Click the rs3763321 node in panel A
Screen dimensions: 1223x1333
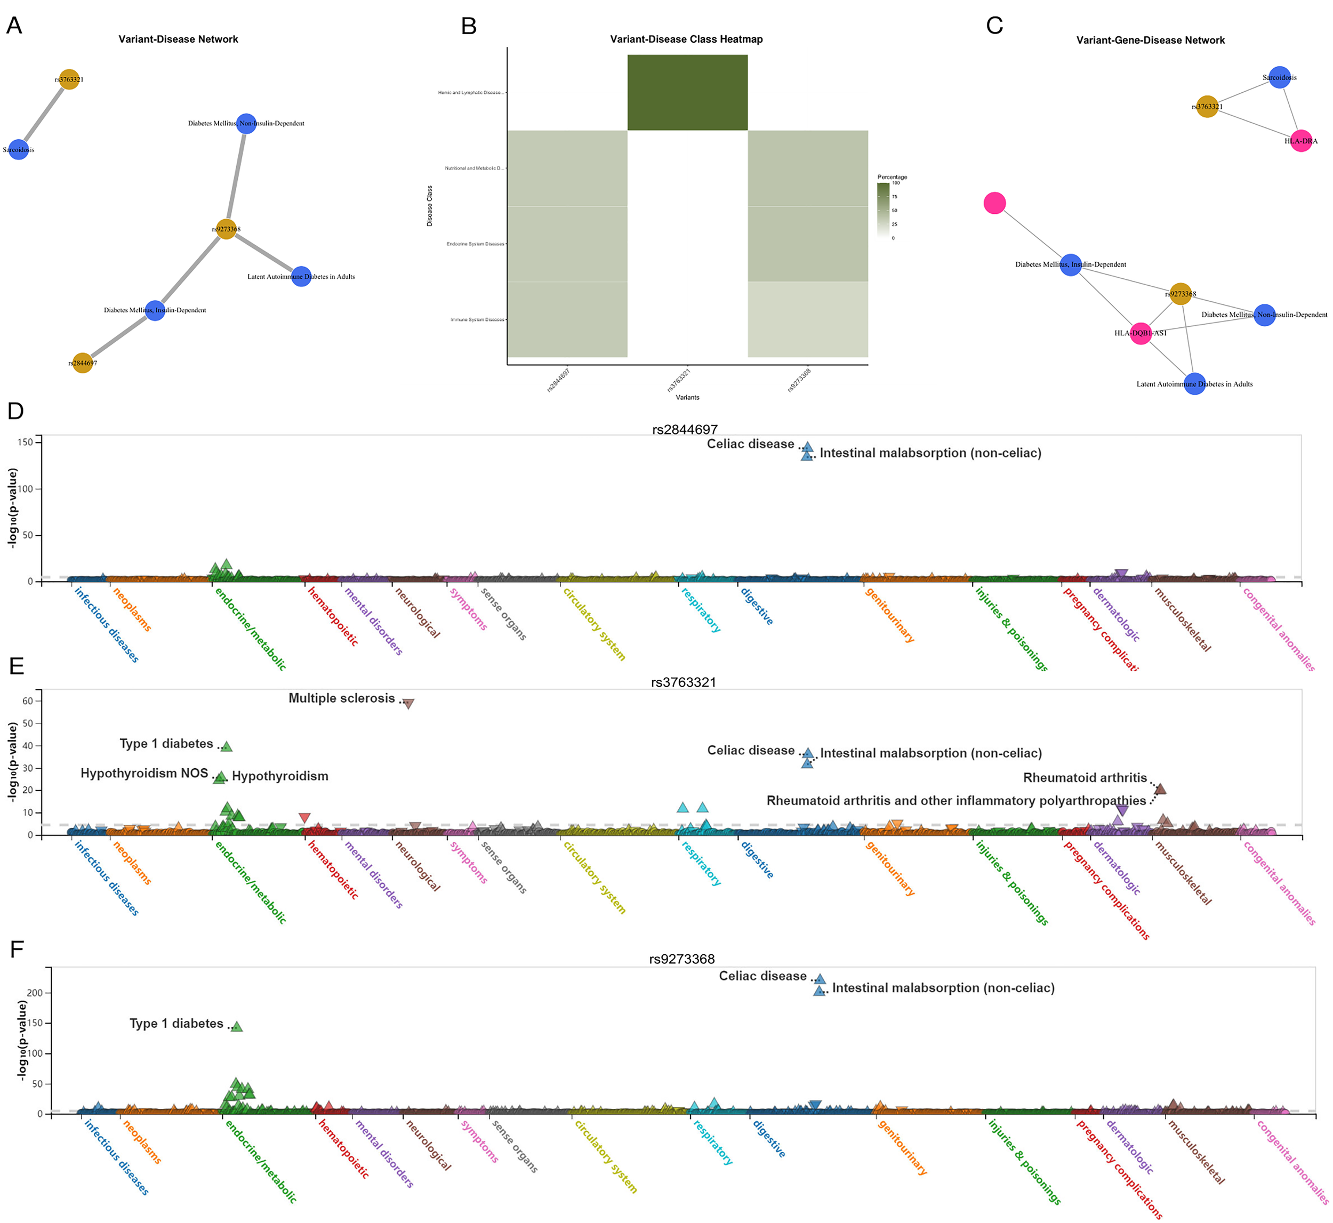(69, 79)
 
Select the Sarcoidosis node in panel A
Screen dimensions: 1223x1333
(19, 150)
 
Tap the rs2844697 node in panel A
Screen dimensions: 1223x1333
(82, 363)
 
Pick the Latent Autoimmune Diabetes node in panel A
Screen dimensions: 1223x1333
(301, 277)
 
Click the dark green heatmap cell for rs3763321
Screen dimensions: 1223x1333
(687, 93)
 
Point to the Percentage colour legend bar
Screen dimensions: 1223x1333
(883, 211)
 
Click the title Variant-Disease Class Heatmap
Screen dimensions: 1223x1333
(686, 39)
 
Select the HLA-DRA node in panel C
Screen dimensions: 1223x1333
(1300, 141)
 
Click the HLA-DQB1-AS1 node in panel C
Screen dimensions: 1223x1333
(1141, 333)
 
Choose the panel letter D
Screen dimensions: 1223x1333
(15, 411)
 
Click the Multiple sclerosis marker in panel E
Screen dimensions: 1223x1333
(408, 704)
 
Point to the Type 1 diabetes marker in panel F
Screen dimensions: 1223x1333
(237, 1026)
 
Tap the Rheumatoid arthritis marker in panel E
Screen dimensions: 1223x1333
(1160, 789)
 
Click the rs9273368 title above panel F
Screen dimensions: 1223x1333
(682, 959)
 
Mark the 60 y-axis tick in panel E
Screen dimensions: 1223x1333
(28, 701)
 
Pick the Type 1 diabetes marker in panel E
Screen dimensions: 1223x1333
(227, 746)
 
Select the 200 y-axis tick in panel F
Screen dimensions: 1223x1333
(35, 993)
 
